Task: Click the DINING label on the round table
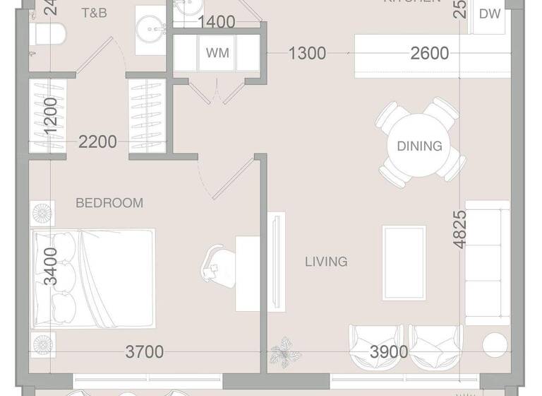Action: pos(419,146)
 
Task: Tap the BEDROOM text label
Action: pos(109,203)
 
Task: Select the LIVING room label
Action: pos(326,262)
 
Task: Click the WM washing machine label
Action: pos(216,53)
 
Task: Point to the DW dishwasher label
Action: pos(490,13)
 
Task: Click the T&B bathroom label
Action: pos(94,13)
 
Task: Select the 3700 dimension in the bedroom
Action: pos(145,351)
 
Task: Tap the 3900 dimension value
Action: pos(389,351)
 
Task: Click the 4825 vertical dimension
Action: pos(460,229)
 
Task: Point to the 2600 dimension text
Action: pos(430,53)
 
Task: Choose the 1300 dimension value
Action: pos(307,53)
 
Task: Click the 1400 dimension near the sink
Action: pos(216,23)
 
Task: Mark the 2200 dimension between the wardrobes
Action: pos(97,142)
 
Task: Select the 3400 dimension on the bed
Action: pos(50,266)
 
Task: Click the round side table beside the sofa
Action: pos(495,344)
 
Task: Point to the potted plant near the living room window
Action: pos(285,349)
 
